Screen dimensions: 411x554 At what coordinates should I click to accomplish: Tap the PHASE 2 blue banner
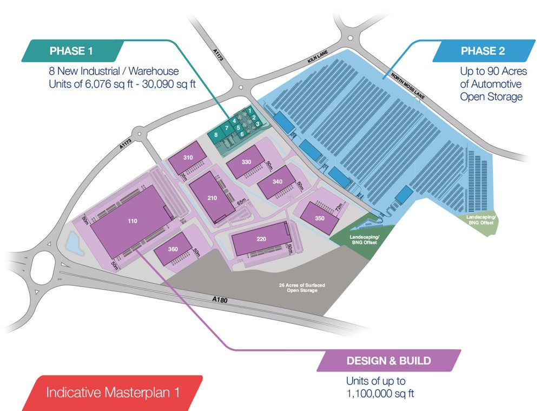point(483,51)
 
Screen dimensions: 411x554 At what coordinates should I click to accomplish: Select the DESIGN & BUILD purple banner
point(388,361)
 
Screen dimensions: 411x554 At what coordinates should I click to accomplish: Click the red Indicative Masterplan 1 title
point(113,392)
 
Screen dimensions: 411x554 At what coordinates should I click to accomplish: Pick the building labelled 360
point(173,250)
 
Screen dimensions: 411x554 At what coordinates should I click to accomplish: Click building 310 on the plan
point(188,158)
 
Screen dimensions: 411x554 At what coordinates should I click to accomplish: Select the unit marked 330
point(246,162)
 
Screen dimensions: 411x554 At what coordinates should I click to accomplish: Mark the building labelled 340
point(277,182)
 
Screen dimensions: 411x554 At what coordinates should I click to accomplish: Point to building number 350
point(319,218)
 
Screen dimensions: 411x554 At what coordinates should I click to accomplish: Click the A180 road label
point(219,299)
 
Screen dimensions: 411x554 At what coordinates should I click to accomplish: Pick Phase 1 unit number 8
point(216,134)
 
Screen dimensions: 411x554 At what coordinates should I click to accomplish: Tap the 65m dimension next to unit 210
point(241,202)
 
